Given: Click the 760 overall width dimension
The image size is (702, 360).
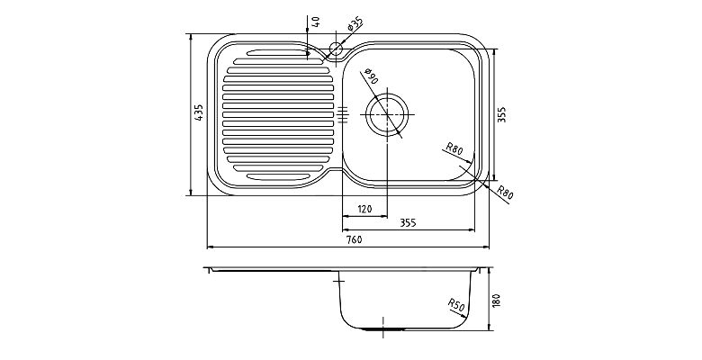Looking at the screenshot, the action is coord(354,239).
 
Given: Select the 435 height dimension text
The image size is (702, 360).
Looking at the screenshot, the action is coord(199,112).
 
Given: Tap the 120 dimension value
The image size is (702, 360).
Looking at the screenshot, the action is coord(364,209).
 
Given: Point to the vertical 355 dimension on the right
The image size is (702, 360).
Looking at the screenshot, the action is coord(501,114).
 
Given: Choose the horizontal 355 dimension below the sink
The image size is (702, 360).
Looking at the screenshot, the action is coord(408,222).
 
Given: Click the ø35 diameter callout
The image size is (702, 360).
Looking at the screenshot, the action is coord(355,23).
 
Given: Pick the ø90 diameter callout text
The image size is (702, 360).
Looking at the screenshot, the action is coord(371,76).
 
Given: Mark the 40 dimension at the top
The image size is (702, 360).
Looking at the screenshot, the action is coord(316,22).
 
